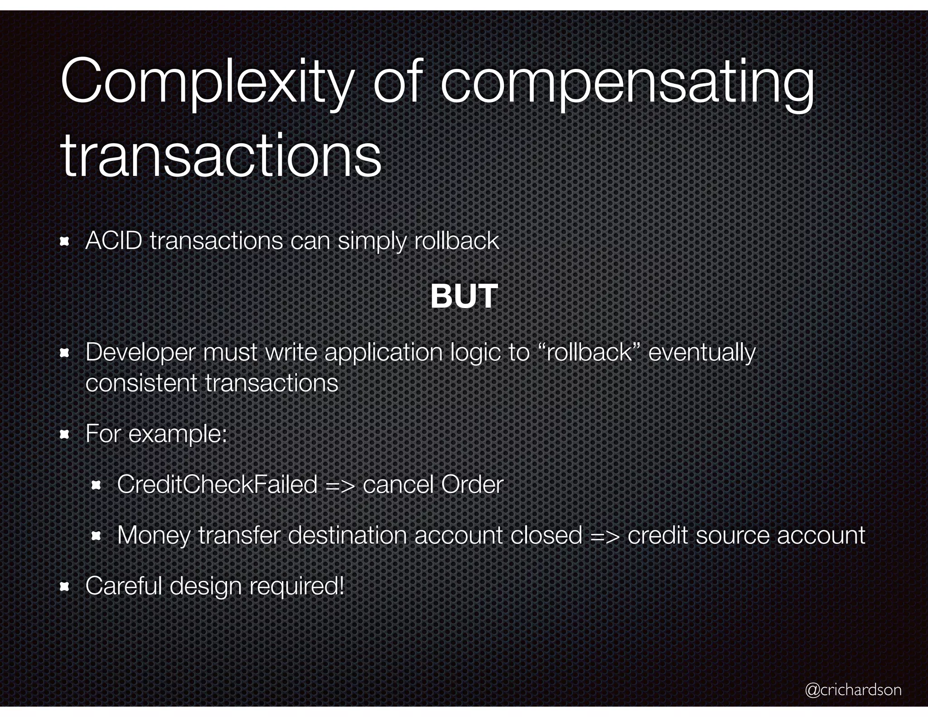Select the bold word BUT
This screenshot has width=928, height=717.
[464, 296]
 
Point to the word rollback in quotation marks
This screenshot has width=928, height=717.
[590, 352]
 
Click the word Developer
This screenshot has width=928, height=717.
[140, 352]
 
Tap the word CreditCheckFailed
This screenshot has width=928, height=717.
[217, 484]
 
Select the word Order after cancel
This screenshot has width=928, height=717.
[472, 484]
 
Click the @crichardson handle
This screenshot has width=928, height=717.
[853, 689]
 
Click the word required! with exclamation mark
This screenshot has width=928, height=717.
[297, 586]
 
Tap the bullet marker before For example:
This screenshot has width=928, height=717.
[64, 435]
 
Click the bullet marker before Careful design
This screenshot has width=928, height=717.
[64, 587]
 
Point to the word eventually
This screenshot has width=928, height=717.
[702, 353]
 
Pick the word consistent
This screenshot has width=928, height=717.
[141, 383]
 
